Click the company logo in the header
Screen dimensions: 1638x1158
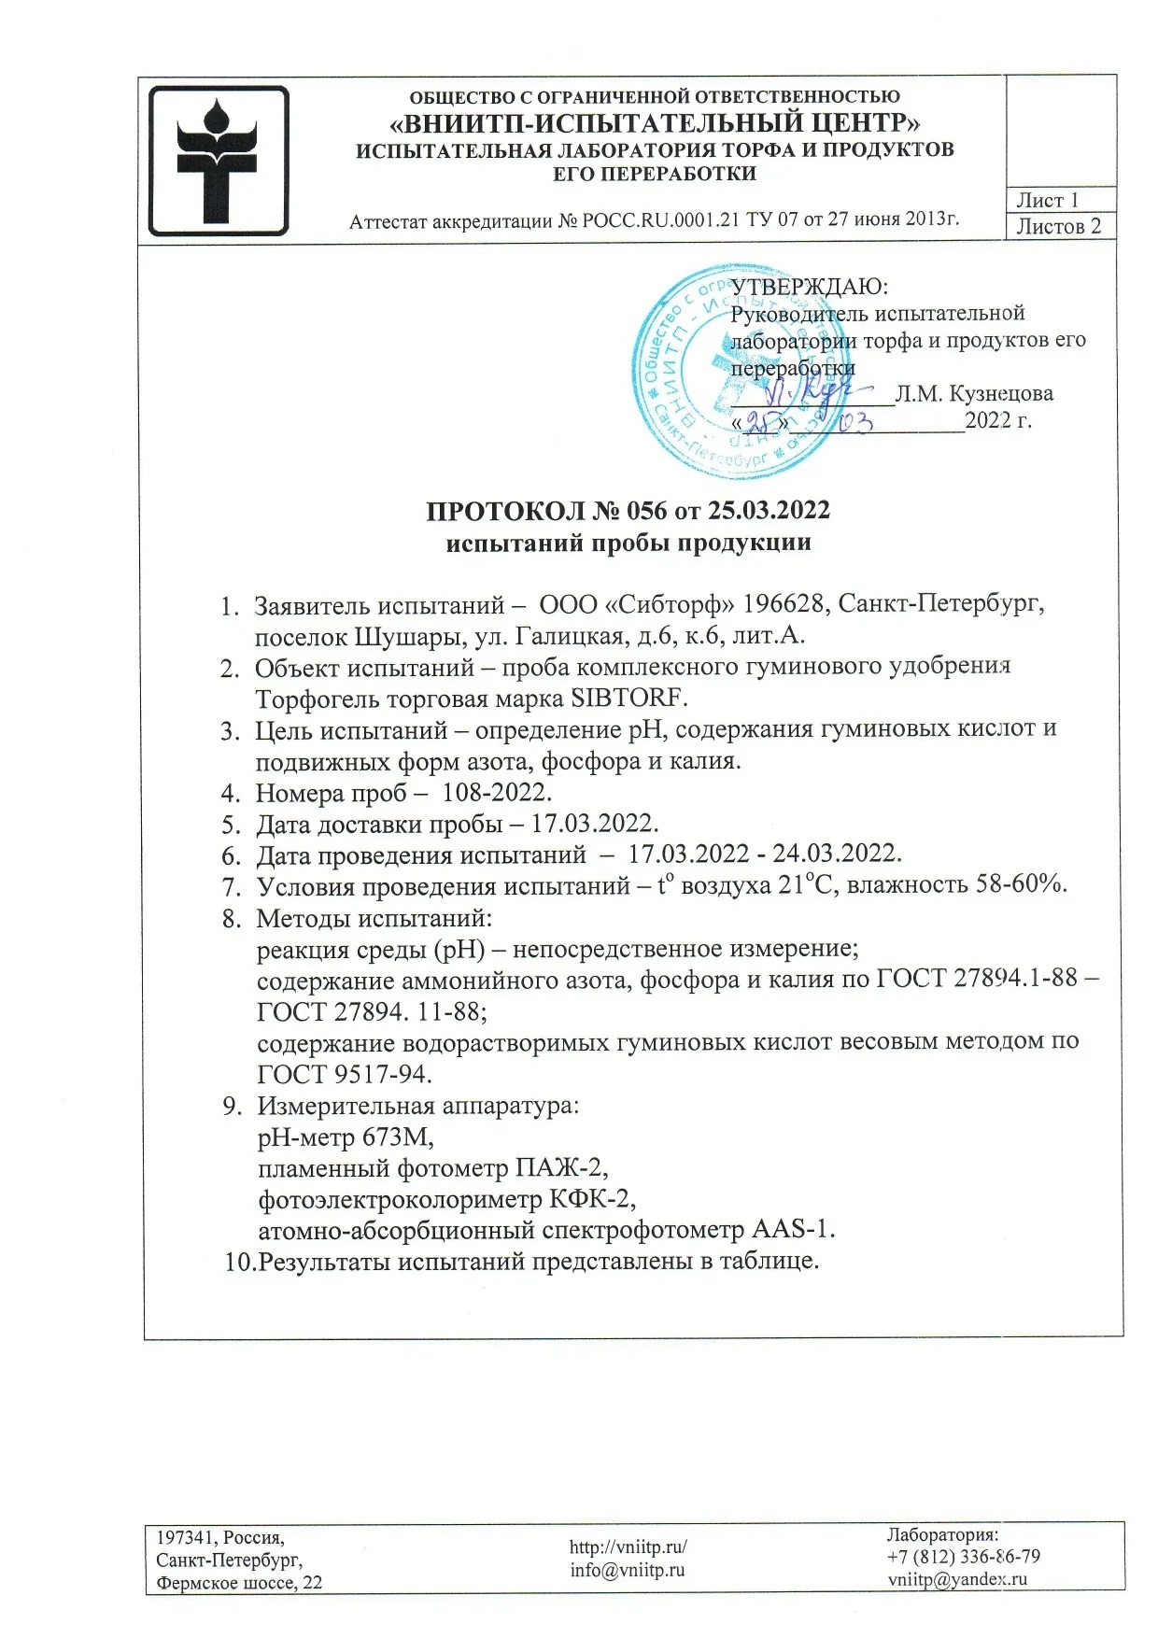click(x=219, y=160)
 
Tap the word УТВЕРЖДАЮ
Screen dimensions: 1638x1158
click(x=809, y=286)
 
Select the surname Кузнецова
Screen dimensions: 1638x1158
click(x=1000, y=394)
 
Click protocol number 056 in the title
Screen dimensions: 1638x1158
click(x=647, y=511)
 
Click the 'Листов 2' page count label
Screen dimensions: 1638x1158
click(x=1059, y=226)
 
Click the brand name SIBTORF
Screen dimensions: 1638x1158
click(x=628, y=698)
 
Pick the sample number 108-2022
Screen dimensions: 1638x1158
click(x=497, y=793)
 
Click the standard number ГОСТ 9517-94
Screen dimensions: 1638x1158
click(x=345, y=1074)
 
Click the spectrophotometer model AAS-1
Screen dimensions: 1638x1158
click(x=793, y=1229)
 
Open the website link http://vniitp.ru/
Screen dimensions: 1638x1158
click(x=628, y=1546)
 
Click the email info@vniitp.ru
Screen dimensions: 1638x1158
click(x=628, y=1570)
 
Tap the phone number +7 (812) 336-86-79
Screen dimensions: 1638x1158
click(x=964, y=1556)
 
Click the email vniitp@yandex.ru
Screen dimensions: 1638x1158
click(x=957, y=1579)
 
